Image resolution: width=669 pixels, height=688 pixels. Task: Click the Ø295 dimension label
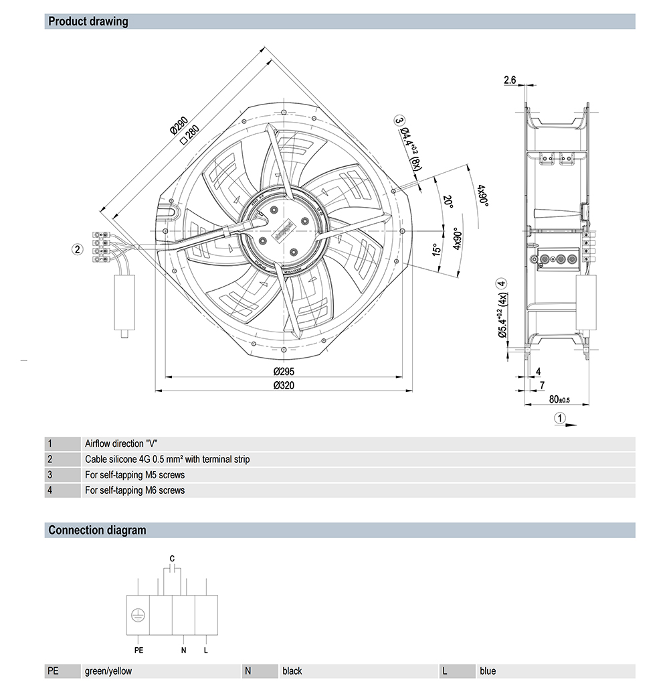284,372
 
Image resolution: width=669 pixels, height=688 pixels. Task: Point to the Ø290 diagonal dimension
178,125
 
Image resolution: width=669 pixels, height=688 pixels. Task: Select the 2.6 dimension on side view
509,80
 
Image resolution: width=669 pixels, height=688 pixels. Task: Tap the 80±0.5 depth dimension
559,399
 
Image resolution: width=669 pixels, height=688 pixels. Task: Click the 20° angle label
448,202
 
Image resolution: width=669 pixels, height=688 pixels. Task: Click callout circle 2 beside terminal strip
78,249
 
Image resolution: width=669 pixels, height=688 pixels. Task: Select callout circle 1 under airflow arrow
561,419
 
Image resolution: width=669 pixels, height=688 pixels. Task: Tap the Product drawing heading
88,21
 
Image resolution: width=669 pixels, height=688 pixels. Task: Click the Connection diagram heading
97,530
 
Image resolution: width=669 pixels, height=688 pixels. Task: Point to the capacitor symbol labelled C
173,568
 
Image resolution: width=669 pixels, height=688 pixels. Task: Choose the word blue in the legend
488,671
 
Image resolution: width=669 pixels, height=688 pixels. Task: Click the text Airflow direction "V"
124,443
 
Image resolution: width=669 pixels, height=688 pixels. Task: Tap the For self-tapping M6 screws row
134,490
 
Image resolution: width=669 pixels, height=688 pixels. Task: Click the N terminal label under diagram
183,650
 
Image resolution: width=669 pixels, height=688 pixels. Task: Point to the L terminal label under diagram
206,650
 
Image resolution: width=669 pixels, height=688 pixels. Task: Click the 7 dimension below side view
542,385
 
